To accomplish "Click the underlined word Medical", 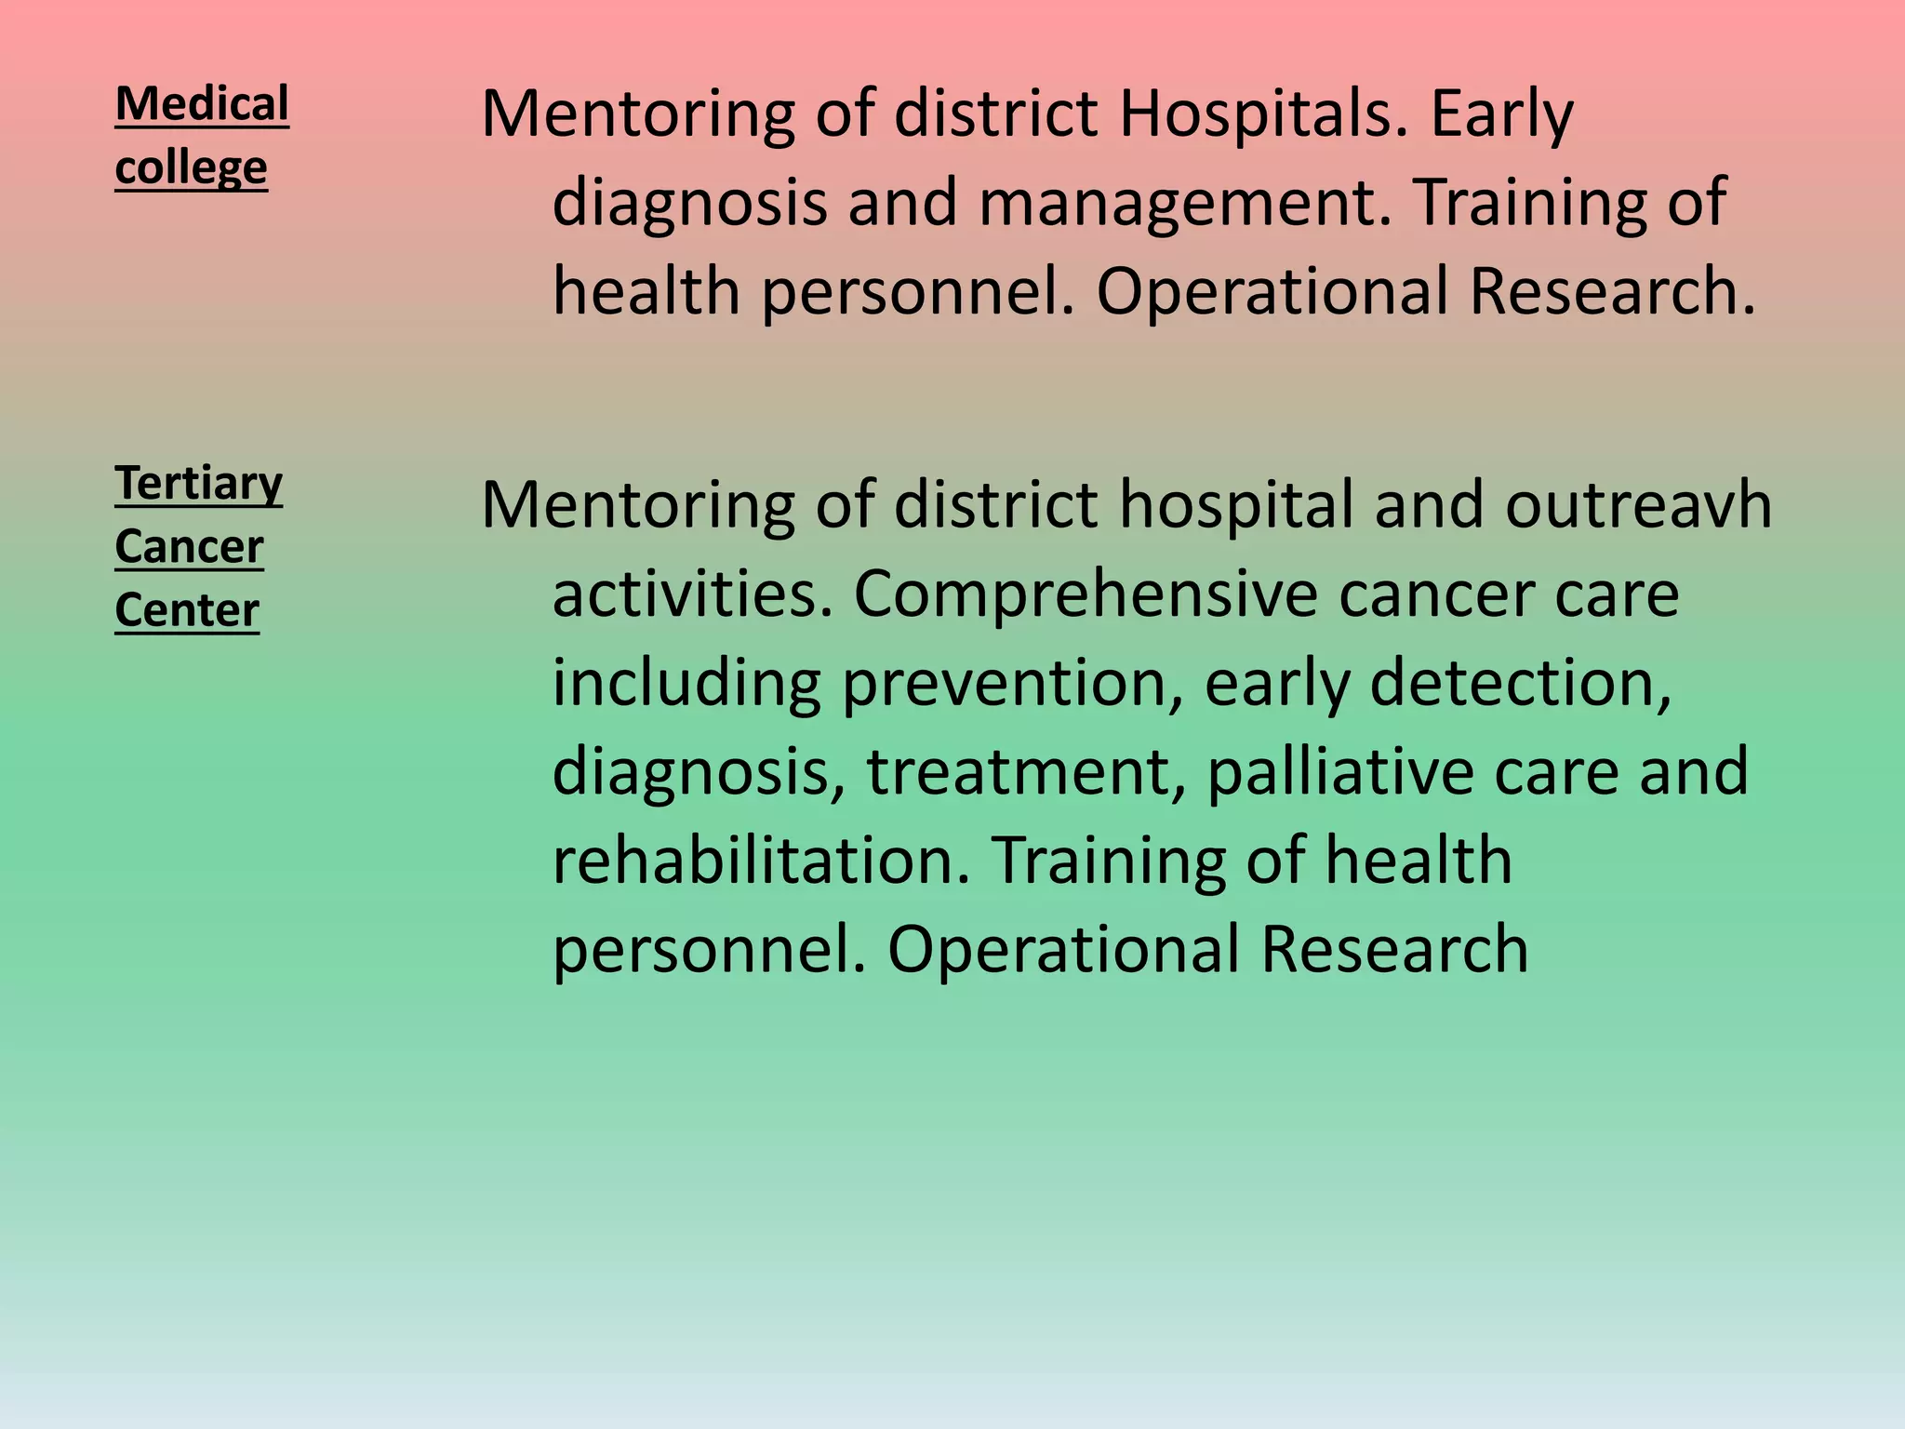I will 202,104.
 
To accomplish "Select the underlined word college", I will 191,168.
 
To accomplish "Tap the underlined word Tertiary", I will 198,484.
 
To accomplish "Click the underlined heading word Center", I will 187,610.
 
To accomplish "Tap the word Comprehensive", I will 1086,595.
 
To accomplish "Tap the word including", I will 686,685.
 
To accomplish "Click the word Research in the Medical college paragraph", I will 1612,292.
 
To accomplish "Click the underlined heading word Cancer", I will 189,547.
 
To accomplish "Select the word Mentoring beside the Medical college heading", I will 638,115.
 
